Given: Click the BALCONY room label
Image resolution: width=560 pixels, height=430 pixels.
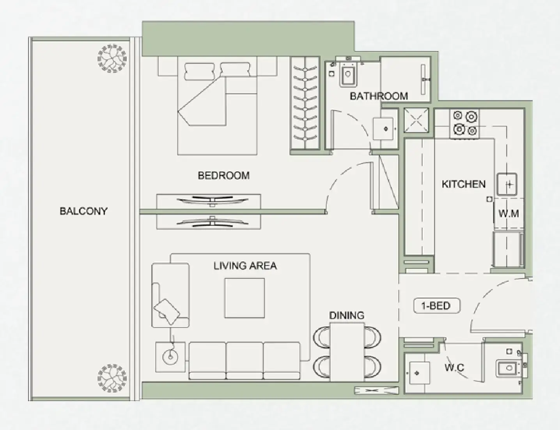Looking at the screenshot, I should pos(83,211).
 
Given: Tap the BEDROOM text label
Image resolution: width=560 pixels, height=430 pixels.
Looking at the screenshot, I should pos(223,175).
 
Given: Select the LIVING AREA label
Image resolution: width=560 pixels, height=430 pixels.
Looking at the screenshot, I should pos(245,266).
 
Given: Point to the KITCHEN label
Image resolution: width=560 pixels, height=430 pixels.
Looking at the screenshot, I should pos(463,184).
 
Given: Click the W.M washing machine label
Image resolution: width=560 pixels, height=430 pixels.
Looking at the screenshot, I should pos(508,213).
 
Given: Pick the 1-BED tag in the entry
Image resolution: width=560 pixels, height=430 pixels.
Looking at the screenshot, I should pos(436,306).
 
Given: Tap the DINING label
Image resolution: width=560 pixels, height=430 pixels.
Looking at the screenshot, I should pos(347,315).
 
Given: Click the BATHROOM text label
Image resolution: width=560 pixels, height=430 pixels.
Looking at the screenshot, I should pos(379,96).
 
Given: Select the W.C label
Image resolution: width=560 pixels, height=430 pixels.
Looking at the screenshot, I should pos(454,367).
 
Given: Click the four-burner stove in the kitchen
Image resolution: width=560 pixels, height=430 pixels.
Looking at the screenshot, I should pos(465,123).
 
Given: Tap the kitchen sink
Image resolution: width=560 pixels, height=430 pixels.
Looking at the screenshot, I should pos(507,184).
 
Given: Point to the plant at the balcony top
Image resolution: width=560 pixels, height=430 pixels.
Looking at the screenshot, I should pos(112,58).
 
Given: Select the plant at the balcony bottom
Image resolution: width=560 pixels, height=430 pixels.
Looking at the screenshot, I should pos(112,378).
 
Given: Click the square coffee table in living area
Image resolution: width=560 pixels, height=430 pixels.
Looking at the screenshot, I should pos(245,298).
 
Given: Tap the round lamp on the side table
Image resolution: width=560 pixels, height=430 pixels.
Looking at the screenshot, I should pos(170,357).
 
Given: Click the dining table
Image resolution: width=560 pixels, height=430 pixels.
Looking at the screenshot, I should pos(347,352).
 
